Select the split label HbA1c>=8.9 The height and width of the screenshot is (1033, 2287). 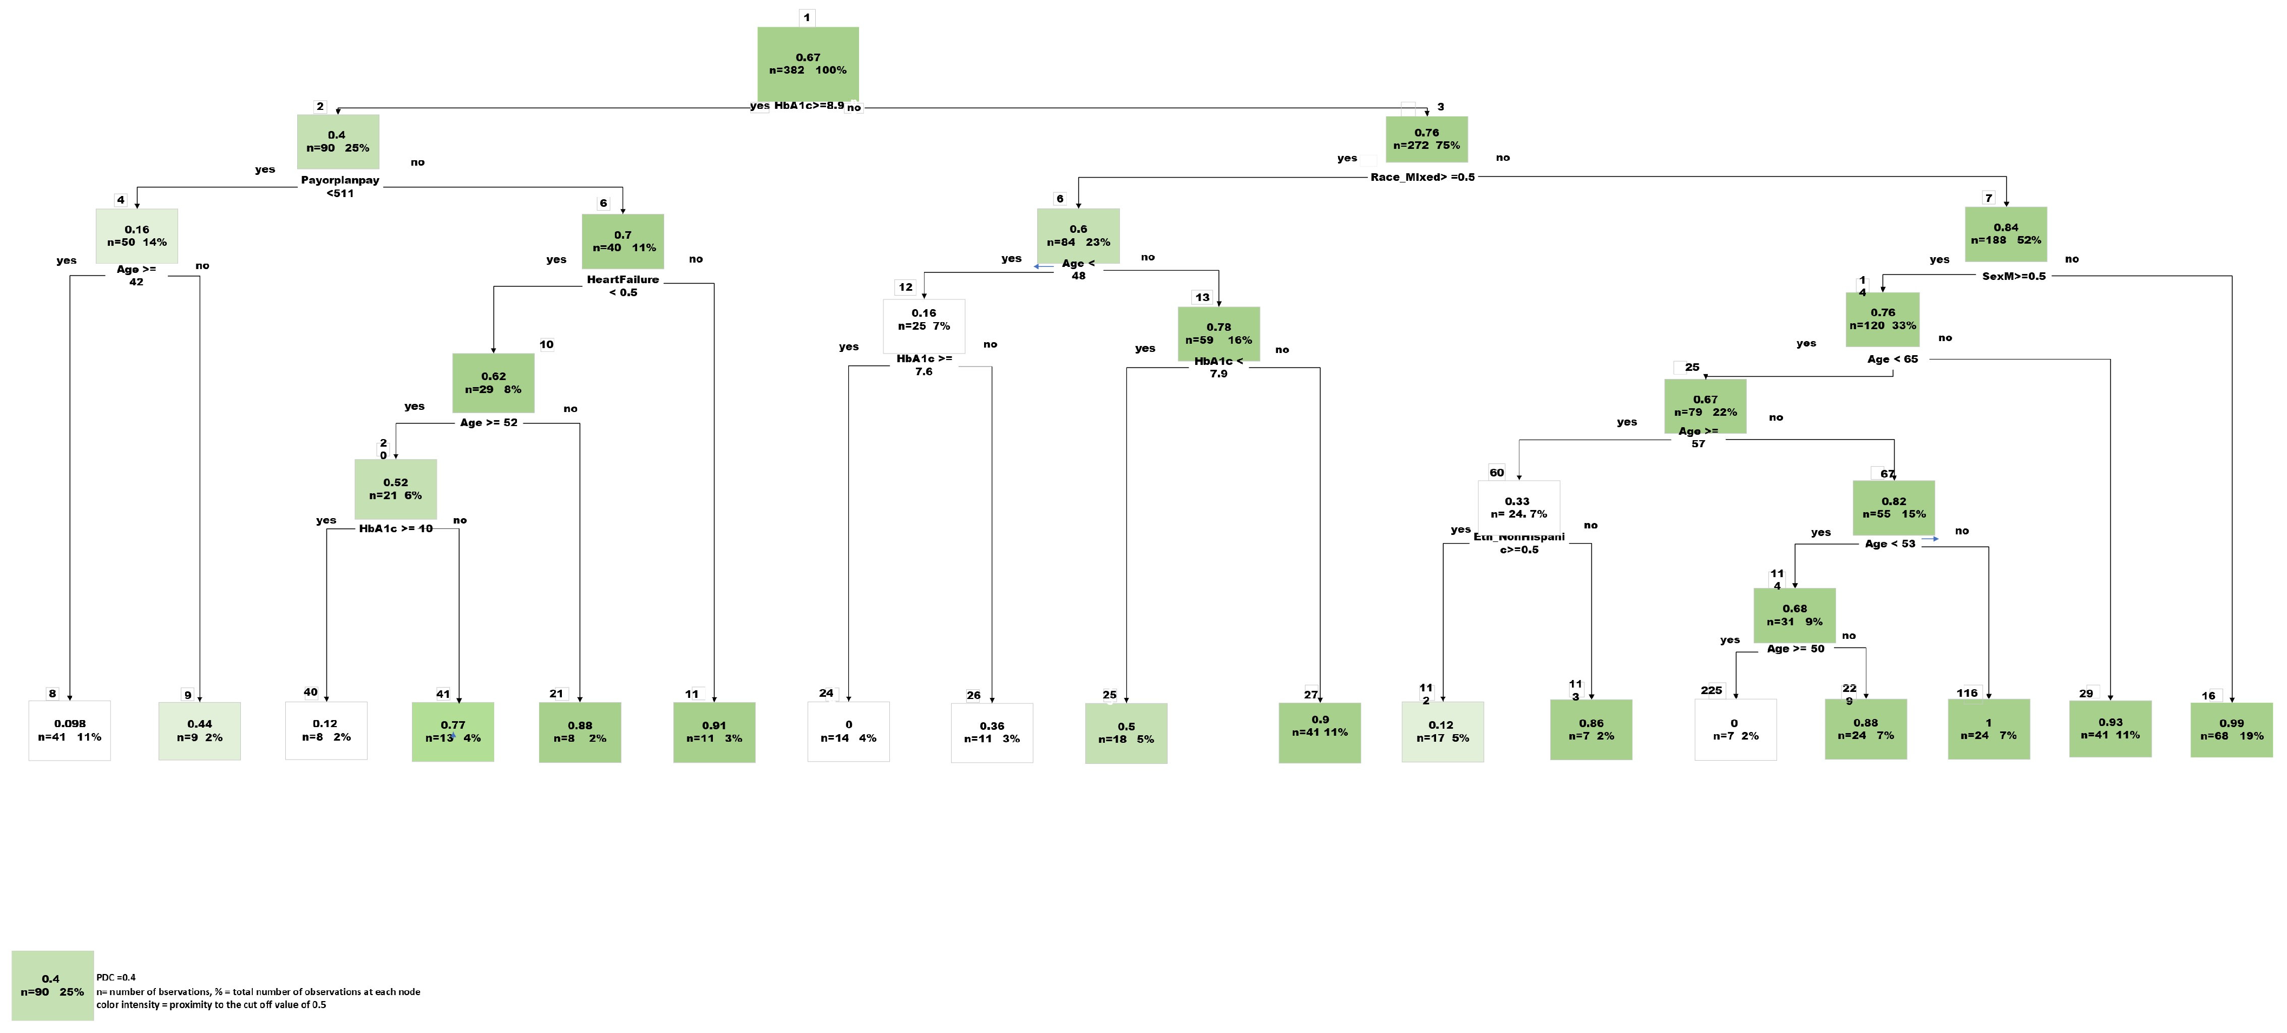point(809,106)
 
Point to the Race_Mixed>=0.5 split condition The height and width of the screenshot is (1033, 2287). point(1423,176)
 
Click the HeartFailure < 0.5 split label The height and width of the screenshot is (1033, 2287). point(622,286)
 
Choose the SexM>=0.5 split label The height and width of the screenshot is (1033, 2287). point(2014,276)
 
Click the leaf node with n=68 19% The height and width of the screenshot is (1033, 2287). point(2231,729)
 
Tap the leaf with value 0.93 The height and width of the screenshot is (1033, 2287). point(2111,728)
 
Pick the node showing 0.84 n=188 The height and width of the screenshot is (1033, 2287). point(2006,233)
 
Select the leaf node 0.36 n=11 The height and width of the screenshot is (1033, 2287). point(992,732)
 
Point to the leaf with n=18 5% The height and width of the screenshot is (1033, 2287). point(1126,733)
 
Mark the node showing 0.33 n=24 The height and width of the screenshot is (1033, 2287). point(1518,507)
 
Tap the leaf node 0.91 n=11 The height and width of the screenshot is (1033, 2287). point(714,732)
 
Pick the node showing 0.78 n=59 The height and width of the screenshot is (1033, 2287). point(1218,333)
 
